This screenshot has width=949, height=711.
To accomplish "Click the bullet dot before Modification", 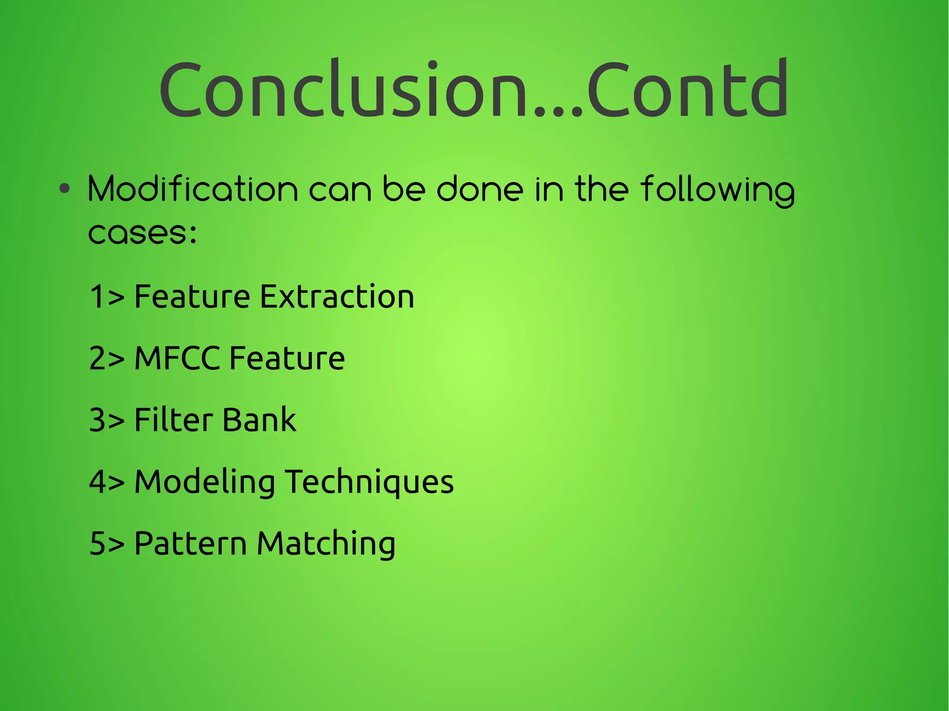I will click(x=65, y=189).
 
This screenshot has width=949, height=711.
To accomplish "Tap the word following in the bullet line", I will click(x=718, y=190).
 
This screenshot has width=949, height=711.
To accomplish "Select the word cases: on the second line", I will click(x=143, y=232).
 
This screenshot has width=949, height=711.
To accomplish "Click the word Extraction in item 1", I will click(x=337, y=296).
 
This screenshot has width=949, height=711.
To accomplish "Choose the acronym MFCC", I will click(x=177, y=358).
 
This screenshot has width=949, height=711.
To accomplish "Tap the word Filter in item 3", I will click(x=169, y=420).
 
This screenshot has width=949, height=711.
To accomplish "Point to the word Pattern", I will click(x=190, y=543).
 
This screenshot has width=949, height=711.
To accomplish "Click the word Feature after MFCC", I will click(x=287, y=358).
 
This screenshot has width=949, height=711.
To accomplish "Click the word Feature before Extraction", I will click(x=192, y=296).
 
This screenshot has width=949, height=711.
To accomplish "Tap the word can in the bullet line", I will click(x=340, y=190).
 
